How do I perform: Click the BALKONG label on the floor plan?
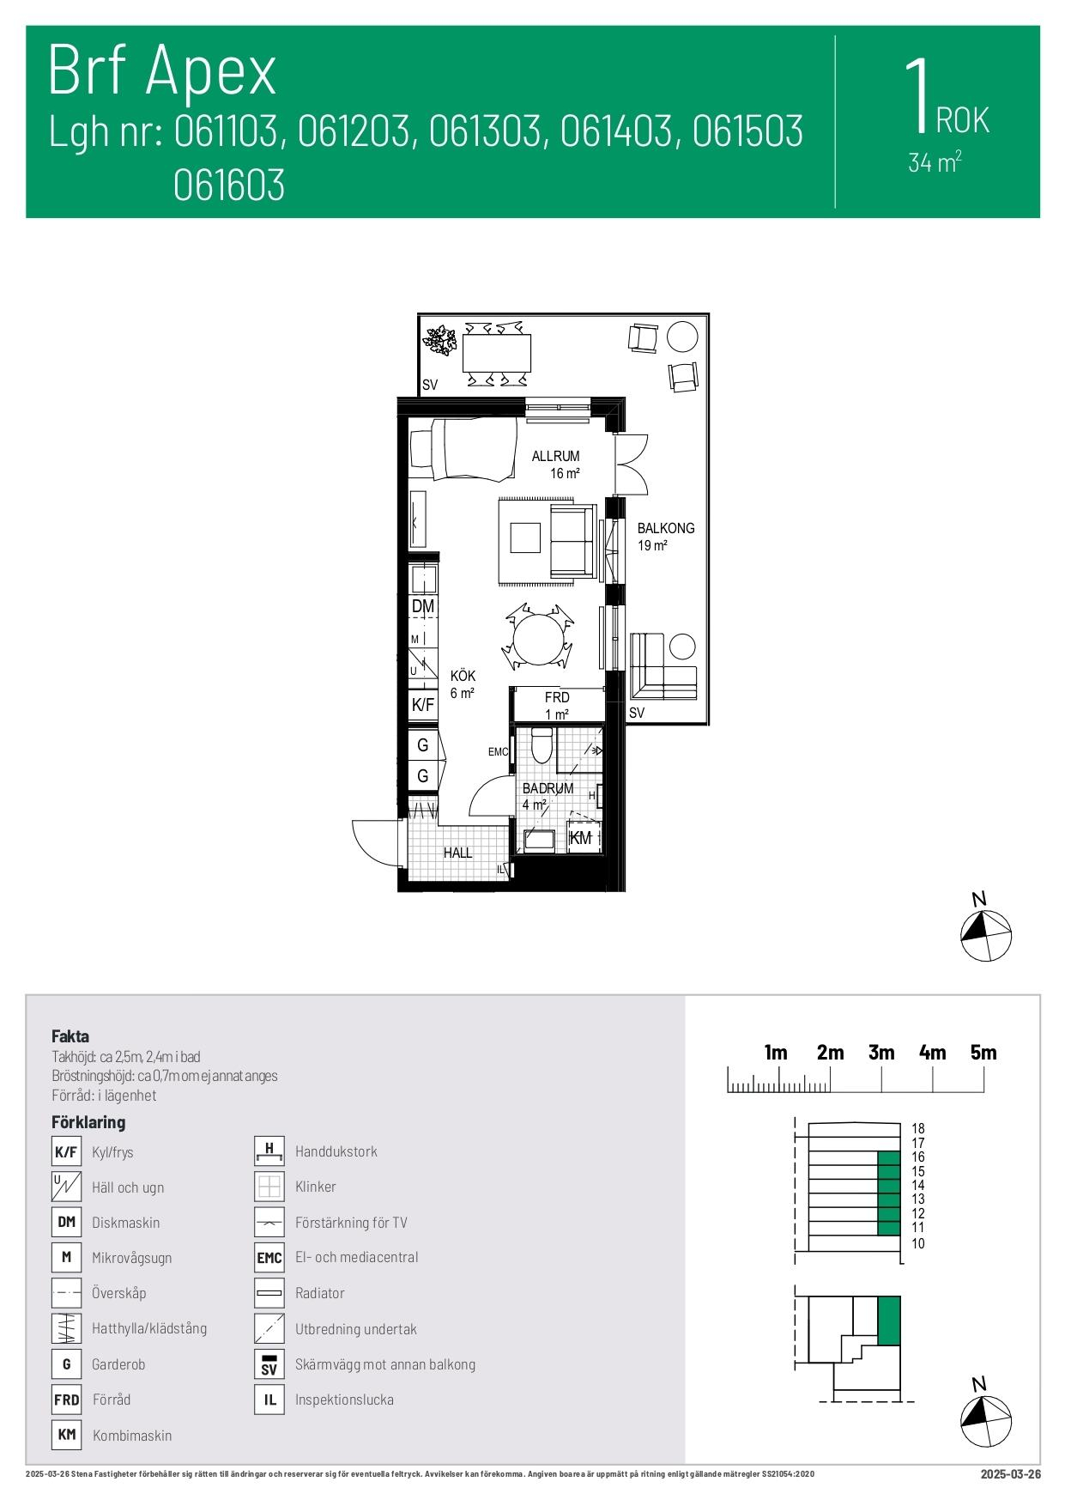(665, 528)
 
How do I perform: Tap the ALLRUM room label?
(555, 457)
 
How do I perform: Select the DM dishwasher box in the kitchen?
(423, 606)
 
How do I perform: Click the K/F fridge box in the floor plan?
(423, 705)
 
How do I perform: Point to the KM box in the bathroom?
(581, 838)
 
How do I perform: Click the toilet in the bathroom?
(541, 745)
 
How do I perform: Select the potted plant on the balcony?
(442, 340)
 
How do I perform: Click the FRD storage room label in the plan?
(557, 698)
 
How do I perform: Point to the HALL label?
(457, 853)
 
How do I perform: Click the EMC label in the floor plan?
(498, 752)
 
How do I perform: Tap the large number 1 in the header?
(917, 95)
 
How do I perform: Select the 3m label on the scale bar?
(881, 1053)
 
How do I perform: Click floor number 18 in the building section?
(917, 1128)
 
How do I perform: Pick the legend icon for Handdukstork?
(269, 1151)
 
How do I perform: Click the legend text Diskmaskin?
(125, 1223)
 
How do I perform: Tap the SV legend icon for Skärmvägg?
(269, 1363)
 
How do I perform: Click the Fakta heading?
(70, 1036)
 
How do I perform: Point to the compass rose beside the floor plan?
(985, 934)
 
